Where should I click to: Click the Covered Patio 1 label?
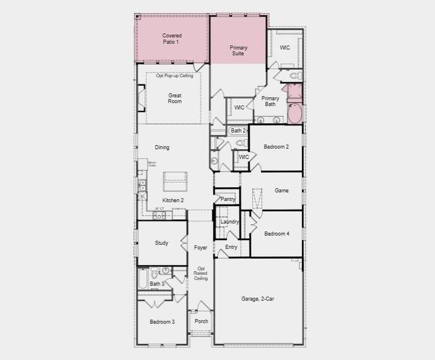[x=172, y=39]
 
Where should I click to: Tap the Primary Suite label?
[x=238, y=50]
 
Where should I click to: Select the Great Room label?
[x=175, y=98]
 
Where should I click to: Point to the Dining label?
[x=162, y=148]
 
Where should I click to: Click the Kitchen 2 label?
[x=173, y=200]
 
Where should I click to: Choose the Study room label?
[x=161, y=243]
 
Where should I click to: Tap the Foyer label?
[x=200, y=248]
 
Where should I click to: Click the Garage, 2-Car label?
[x=258, y=299]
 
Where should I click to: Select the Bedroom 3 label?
[x=162, y=322]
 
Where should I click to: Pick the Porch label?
[x=202, y=322]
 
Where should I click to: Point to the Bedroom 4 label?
[x=277, y=233]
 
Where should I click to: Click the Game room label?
[x=281, y=191]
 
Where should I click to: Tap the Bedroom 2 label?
[x=277, y=146]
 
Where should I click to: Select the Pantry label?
[x=227, y=199]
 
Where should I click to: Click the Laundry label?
[x=229, y=222]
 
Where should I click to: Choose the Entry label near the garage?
[x=231, y=247]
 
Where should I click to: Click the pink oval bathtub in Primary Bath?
[x=295, y=114]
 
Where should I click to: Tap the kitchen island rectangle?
[x=175, y=177]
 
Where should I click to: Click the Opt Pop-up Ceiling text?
[x=175, y=76]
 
